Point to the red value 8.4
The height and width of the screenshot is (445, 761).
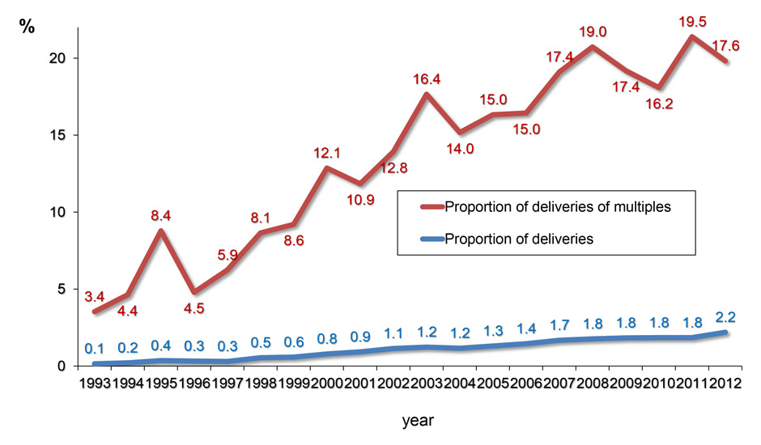(165, 215)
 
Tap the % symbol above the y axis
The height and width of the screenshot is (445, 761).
(28, 26)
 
